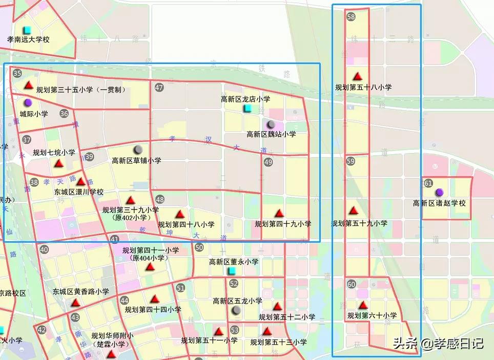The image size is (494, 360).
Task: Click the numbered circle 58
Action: (x=351, y=17)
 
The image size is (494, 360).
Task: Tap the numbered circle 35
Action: (x=17, y=73)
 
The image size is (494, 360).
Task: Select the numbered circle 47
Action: (x=159, y=88)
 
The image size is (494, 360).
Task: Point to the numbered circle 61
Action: (x=428, y=183)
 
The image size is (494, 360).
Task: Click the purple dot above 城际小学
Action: (x=28, y=103)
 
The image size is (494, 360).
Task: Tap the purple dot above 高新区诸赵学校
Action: (x=439, y=193)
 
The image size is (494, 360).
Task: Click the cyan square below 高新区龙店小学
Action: (x=248, y=109)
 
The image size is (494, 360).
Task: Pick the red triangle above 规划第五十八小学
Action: (x=358, y=76)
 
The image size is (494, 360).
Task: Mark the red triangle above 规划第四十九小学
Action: (x=279, y=213)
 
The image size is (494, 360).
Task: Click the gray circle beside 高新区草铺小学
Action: (x=138, y=150)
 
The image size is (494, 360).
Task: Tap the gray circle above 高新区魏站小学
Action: (x=271, y=124)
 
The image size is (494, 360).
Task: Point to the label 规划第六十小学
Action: (x=372, y=316)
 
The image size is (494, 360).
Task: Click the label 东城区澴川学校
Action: (x=79, y=192)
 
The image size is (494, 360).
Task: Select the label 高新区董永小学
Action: (x=234, y=262)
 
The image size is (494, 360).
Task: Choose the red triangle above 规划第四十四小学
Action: (x=155, y=299)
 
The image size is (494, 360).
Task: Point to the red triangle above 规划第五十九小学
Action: (x=354, y=210)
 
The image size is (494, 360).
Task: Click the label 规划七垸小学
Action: (x=54, y=153)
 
